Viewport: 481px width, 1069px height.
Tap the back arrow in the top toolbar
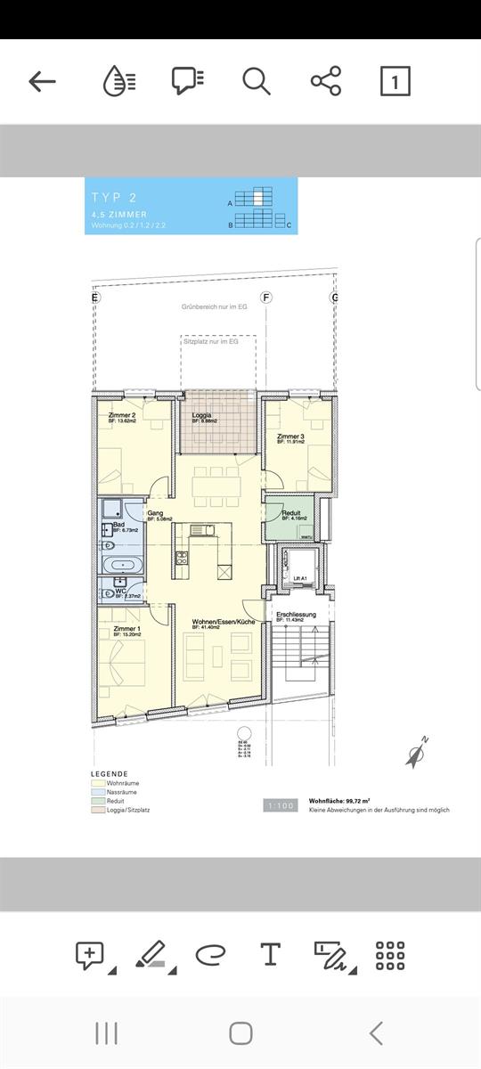[x=42, y=81]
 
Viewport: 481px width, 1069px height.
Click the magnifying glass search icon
[x=256, y=81]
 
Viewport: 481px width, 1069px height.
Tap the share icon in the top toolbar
[x=326, y=81]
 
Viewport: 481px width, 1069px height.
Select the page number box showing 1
[x=395, y=81]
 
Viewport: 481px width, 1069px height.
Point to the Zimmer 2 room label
[x=122, y=416]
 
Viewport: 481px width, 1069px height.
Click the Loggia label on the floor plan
[x=202, y=416]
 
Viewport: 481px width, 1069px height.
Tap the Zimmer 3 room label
[x=290, y=437]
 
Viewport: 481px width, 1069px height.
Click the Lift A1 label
[x=299, y=579]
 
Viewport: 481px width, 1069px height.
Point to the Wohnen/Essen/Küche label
[x=224, y=621]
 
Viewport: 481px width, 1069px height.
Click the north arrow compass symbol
[x=416, y=753]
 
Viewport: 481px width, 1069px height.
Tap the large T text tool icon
[x=270, y=955]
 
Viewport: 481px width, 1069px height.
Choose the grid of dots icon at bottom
[x=390, y=955]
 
